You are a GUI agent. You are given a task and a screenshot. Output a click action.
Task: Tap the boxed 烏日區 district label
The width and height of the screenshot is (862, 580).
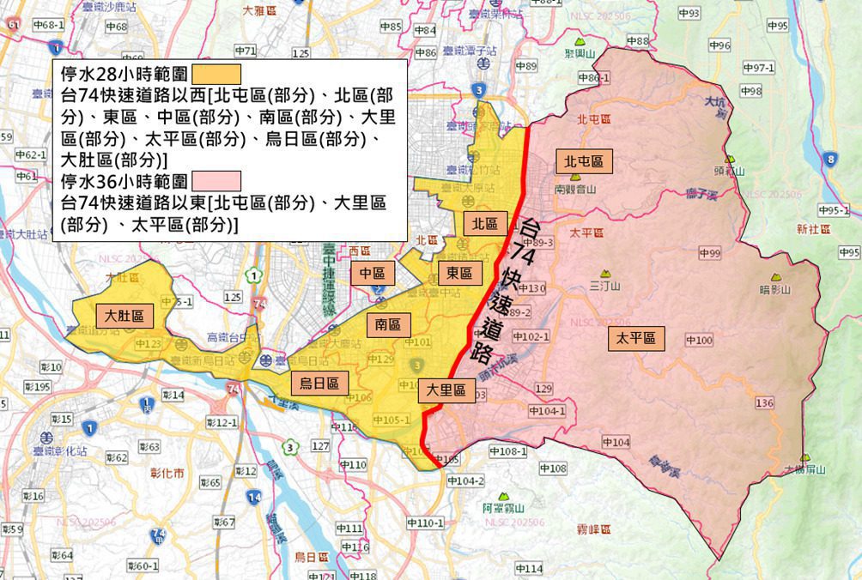pos(319,384)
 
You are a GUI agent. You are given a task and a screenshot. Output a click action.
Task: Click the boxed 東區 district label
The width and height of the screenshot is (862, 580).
pos(459,274)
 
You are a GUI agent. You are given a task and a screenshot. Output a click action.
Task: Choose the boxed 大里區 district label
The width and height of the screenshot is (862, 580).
pos(447,391)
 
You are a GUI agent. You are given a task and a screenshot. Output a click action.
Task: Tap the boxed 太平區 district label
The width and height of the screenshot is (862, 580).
pos(635,339)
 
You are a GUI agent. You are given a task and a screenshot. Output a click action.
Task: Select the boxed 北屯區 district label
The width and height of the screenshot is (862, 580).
pos(584,161)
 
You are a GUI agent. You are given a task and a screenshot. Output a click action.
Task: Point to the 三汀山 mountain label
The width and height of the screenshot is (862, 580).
pos(606,286)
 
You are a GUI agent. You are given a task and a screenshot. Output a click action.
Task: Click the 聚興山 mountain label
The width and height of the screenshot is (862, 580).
pos(580,53)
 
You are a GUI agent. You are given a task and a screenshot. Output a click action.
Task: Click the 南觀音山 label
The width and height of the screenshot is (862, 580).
pos(575,189)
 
